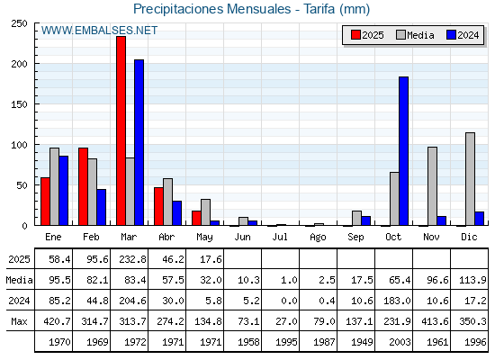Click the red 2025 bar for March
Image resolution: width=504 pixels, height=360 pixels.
click(121, 130)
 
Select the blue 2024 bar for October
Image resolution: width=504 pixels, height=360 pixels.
click(404, 151)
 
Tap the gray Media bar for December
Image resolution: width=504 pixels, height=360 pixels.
click(470, 179)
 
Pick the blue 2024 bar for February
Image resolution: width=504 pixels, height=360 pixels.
click(101, 207)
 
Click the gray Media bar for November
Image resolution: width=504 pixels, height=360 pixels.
click(432, 186)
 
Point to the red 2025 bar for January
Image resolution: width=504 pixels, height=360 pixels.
click(45, 202)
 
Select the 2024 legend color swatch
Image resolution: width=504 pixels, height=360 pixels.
click(452, 35)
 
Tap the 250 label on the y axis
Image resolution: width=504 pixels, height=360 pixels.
click(19, 23)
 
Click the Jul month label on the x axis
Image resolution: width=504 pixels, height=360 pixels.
click(280, 238)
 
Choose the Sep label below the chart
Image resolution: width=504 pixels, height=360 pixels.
click(355, 238)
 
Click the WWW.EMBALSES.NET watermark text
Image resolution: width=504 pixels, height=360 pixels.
click(99, 31)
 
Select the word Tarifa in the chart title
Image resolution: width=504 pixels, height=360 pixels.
click(319, 9)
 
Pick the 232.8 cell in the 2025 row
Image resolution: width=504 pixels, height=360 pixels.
click(132, 259)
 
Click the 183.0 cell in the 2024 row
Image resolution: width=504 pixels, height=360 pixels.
click(397, 301)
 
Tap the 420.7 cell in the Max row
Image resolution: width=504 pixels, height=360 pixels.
click(57, 321)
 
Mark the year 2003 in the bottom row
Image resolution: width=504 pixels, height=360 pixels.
click(400, 342)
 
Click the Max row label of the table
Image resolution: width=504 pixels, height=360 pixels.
click(19, 321)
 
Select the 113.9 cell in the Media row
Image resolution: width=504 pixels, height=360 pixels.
click(472, 280)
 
